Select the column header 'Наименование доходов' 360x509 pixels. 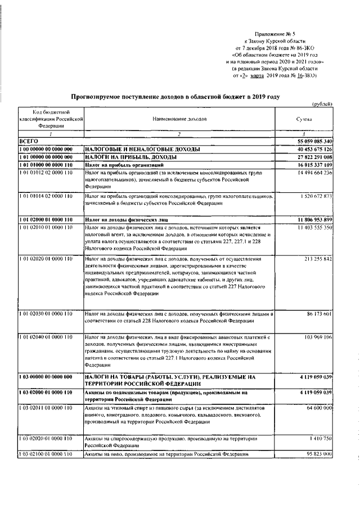[179, 120]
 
